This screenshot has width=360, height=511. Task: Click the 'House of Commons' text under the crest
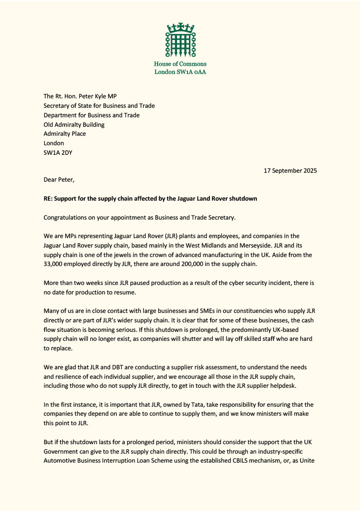coord(180,64)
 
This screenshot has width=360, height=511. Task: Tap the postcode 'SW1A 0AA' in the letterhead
coord(192,72)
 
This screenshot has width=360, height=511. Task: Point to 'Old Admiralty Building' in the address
coord(74,125)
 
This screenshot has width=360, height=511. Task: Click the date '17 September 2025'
coord(290,171)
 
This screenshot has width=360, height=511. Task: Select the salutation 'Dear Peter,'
coord(59,180)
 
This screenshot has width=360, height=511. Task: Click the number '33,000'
coord(54,264)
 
